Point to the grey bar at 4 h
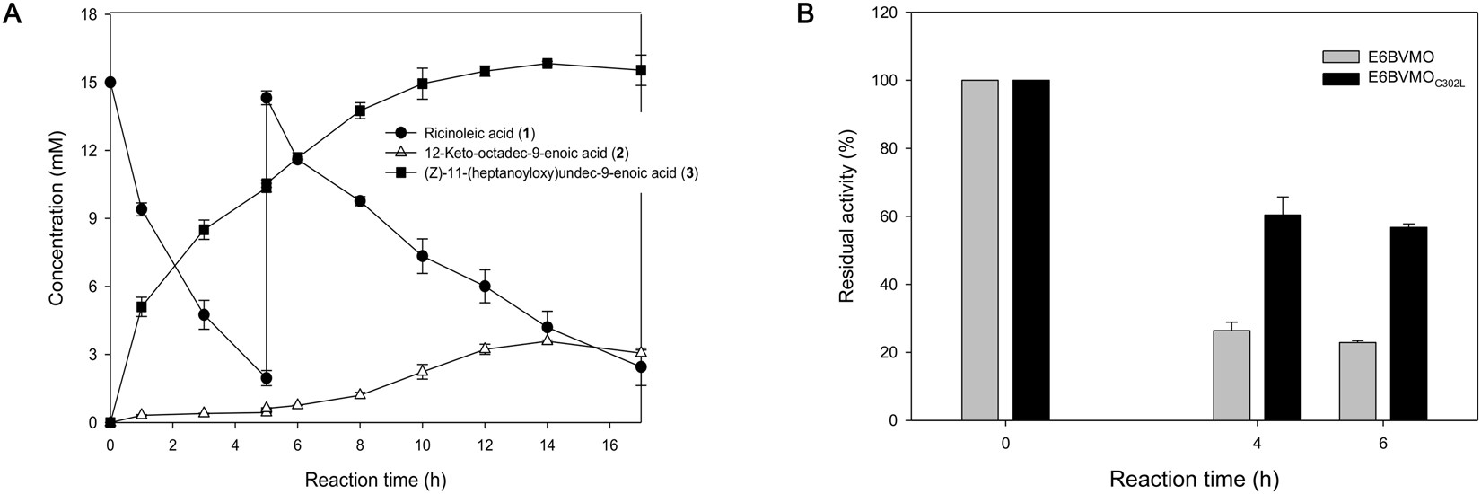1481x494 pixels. coord(1231,375)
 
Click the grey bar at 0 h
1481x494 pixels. coord(980,250)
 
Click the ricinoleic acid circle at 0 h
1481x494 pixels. coord(110,82)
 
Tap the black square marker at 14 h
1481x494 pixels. coord(547,64)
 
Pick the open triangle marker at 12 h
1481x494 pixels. coord(485,348)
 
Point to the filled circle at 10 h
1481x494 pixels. coord(422,256)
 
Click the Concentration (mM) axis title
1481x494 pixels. coord(56,217)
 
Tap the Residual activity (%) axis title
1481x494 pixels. coord(846,217)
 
